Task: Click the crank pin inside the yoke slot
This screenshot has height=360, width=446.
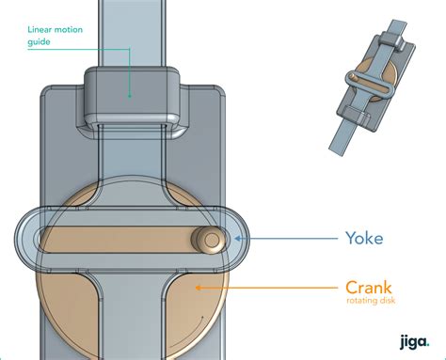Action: click(x=212, y=240)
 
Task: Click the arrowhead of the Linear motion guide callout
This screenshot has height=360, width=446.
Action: click(x=129, y=95)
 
